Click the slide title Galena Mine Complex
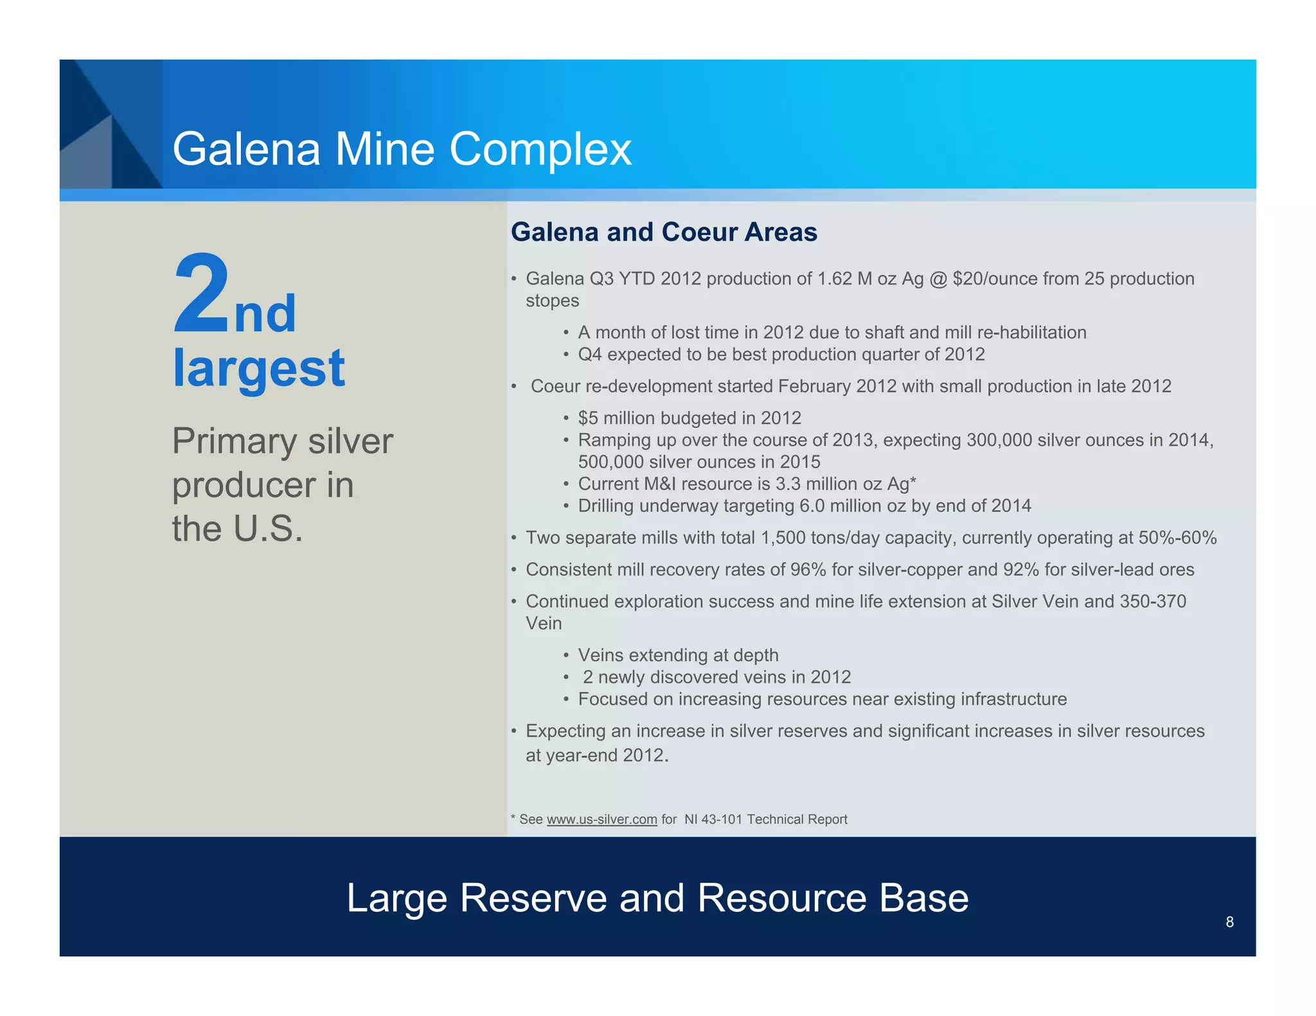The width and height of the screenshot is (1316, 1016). click(402, 150)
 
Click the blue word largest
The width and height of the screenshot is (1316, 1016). click(259, 368)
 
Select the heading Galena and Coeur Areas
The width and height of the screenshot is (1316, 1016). click(664, 232)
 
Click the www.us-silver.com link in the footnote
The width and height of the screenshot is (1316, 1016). click(601, 819)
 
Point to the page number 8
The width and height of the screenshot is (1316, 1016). click(1229, 922)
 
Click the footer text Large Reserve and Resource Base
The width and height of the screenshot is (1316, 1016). click(657, 898)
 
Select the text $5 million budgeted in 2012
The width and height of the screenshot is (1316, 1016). click(689, 418)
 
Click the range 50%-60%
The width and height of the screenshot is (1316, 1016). click(1177, 538)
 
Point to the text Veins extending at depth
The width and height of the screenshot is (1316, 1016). click(678, 655)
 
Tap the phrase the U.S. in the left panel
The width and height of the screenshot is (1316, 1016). click(237, 529)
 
